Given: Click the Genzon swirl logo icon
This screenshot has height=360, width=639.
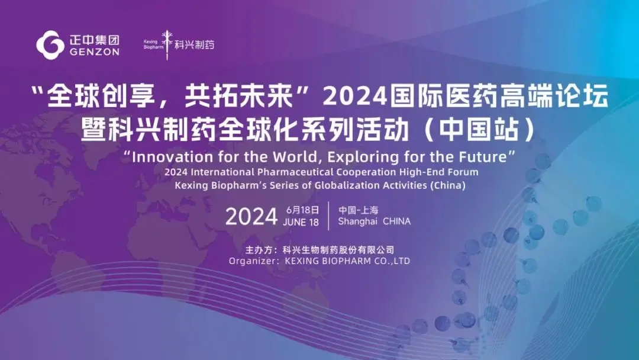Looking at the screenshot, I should pos(50,44).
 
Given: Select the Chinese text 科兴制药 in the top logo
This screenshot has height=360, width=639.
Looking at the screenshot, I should pos(195,44).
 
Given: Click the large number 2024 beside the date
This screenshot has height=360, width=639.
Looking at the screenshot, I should pos(251,217).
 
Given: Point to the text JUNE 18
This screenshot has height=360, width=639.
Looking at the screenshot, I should pos(301,223).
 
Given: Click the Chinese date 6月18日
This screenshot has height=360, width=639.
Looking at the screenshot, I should pos(302,210).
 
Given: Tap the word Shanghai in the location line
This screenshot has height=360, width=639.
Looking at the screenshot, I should pos(357,221).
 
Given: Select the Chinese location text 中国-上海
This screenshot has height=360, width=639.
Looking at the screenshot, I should pos(358,210).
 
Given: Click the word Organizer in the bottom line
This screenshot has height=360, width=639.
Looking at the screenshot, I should pos(251,261).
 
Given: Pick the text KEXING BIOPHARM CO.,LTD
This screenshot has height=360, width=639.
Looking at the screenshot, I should pos(347,261).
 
